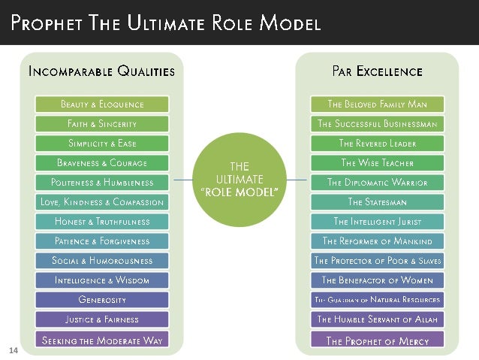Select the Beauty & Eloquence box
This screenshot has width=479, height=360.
pos(102,104)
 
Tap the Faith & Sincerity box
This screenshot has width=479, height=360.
pos(102,123)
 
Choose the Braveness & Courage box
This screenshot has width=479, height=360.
pos(102,162)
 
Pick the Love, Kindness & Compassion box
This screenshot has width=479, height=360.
pos(102,201)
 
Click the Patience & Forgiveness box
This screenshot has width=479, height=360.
pos(102,241)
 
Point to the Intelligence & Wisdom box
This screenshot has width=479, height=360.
pos(102,280)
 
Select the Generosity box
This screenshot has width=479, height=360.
pos(102,300)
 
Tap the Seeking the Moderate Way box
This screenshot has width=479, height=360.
pos(102,339)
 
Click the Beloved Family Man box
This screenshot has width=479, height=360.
pos(377,104)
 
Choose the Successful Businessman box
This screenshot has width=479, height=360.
pos(377,123)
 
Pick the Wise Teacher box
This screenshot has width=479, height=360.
pos(377,162)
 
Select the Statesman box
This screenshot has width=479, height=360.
pos(377,201)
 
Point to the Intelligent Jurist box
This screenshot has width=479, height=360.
pos(377,222)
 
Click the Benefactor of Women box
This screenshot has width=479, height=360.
pos(377,280)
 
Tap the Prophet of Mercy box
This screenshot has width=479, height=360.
pos(377,340)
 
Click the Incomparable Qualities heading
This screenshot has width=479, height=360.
pos(101,72)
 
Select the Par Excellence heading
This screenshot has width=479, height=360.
pos(377,72)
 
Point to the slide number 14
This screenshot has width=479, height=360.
pos(13,349)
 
